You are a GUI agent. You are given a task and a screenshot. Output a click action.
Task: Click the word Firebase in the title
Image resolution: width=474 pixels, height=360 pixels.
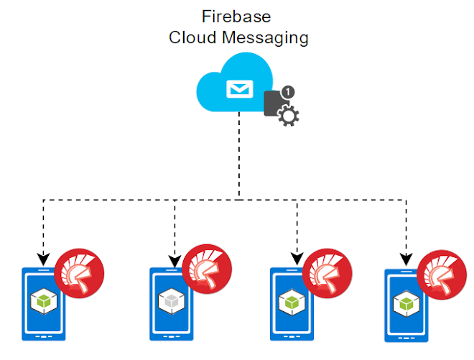click(236, 17)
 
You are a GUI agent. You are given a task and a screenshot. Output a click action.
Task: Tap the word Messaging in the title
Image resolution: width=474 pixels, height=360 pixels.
click(265, 39)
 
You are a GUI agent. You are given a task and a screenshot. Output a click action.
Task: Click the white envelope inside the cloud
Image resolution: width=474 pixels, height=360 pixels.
click(240, 89)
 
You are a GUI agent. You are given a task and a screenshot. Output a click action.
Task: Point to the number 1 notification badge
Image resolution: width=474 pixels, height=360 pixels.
click(288, 92)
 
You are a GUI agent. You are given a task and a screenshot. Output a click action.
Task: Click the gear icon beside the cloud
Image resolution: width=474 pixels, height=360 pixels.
click(289, 116)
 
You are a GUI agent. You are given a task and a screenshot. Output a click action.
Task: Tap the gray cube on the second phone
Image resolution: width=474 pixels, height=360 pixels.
click(172, 301)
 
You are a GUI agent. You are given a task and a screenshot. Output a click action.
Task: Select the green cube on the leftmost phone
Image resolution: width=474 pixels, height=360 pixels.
click(44, 301)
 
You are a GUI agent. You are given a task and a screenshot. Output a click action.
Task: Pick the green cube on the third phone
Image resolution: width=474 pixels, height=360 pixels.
click(292, 303)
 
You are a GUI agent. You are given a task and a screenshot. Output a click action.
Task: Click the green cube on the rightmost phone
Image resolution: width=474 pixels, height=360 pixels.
click(406, 304)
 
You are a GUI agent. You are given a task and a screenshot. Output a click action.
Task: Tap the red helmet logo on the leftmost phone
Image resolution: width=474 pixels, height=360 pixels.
click(79, 273)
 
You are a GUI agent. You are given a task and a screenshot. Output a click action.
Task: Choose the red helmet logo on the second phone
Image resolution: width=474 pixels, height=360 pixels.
click(207, 269)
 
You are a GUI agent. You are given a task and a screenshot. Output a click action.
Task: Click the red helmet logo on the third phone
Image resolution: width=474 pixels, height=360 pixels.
click(327, 273)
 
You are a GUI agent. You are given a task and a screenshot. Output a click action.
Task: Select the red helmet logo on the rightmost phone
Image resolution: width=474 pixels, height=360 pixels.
click(442, 274)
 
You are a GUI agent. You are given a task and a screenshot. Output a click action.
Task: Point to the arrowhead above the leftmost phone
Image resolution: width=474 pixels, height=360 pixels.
click(44, 259)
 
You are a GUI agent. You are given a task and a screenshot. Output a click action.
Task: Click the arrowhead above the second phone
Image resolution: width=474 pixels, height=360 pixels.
click(175, 262)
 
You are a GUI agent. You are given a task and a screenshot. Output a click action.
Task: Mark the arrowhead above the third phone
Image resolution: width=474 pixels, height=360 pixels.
click(297, 259)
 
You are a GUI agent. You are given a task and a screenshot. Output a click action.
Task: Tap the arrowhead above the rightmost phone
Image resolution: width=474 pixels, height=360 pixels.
click(406, 260)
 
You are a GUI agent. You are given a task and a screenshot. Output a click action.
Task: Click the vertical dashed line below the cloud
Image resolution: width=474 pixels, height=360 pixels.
click(239, 156)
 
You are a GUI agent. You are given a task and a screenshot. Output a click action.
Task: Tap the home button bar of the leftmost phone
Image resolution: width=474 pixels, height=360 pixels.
click(44, 336)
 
